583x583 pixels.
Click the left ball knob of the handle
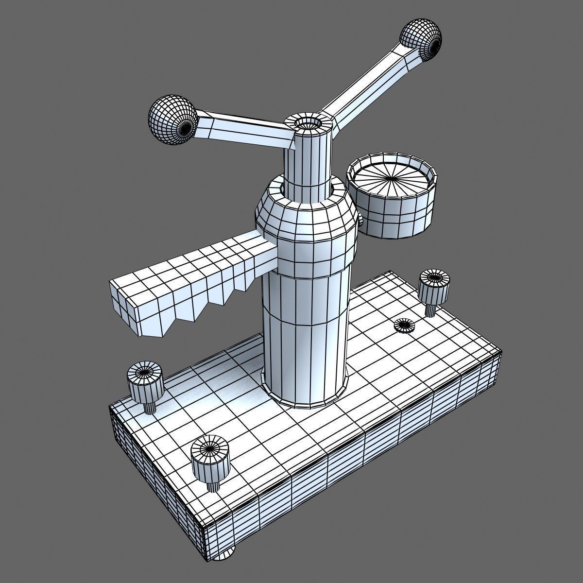pos(171,119)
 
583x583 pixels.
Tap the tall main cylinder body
pos(304,330)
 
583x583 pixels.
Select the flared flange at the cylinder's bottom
pos(304,396)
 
